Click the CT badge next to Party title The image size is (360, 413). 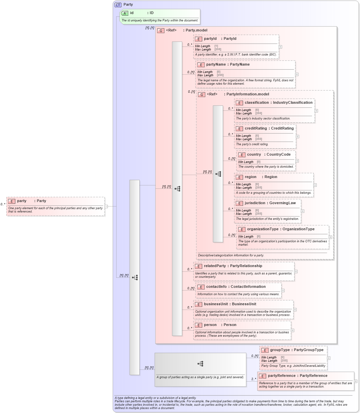pyautogui.click(x=118, y=5)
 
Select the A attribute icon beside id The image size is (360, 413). pyautogui.click(x=125, y=13)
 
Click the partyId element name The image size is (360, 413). pyautogui.click(x=210, y=39)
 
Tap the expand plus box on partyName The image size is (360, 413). pyautogui.click(x=297, y=74)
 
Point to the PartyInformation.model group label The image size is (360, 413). pyautogui.click(x=247, y=94)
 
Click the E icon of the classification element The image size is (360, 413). pyautogui.click(x=239, y=103)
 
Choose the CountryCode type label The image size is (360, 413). pyautogui.click(x=278, y=155)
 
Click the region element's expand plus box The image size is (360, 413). pyautogui.click(x=315, y=185)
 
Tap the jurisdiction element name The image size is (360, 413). pyautogui.click(x=255, y=203)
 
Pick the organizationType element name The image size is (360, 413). pyautogui.click(x=263, y=229)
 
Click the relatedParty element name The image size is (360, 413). pyautogui.click(x=215, y=266)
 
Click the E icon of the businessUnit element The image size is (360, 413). pyautogui.click(x=198, y=304)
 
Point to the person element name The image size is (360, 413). pyautogui.click(x=210, y=325)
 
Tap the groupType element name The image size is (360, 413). pyautogui.click(x=280, y=350)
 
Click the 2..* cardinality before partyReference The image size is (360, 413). pyautogui.click(x=254, y=379)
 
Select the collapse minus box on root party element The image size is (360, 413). pyautogui.click(x=106, y=206)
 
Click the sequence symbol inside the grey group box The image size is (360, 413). pyautogui.click(x=200, y=364)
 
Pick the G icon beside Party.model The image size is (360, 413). pyautogui.click(x=161, y=30)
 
